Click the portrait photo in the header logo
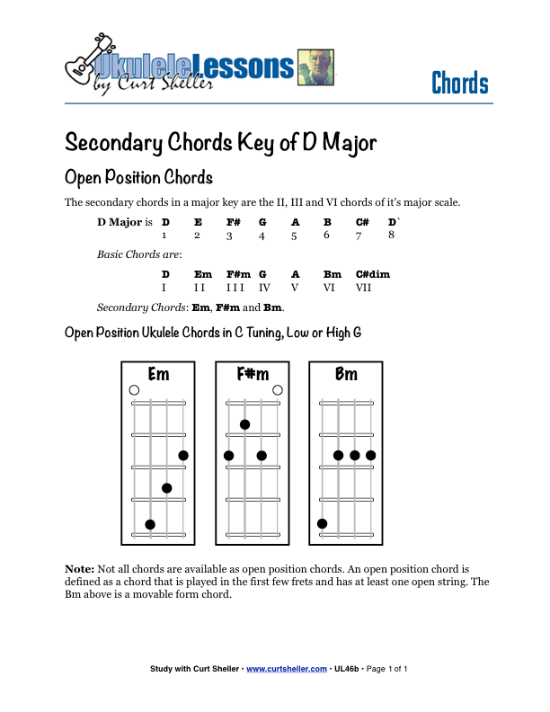coord(315,68)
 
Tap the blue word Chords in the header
coord(459,84)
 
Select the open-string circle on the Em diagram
coord(134,390)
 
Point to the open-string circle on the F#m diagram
coord(278,390)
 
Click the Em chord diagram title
coord(158,374)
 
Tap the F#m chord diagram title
coord(253,374)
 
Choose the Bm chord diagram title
coord(346,374)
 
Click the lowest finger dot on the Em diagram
coord(150,524)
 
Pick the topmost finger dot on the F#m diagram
coord(244,424)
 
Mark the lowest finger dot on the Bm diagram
coord(322,523)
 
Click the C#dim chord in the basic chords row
coord(372,274)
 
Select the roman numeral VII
coord(364,288)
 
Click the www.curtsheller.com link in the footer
coord(286,669)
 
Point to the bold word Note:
coord(79,569)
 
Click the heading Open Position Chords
coord(138,176)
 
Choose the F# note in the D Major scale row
coord(233,222)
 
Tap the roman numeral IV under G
coord(264,288)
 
